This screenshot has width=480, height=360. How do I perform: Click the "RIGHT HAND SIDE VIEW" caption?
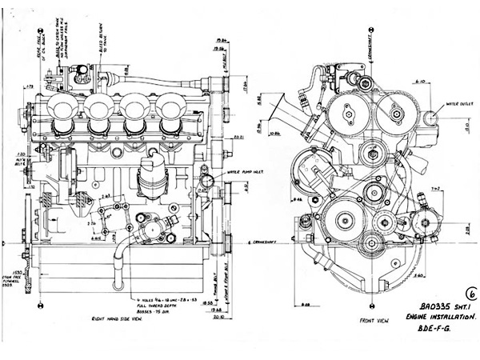tap(127, 319)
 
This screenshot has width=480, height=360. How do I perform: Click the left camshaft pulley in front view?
tap(348, 114)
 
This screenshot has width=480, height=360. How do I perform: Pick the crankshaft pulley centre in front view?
tap(370, 242)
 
